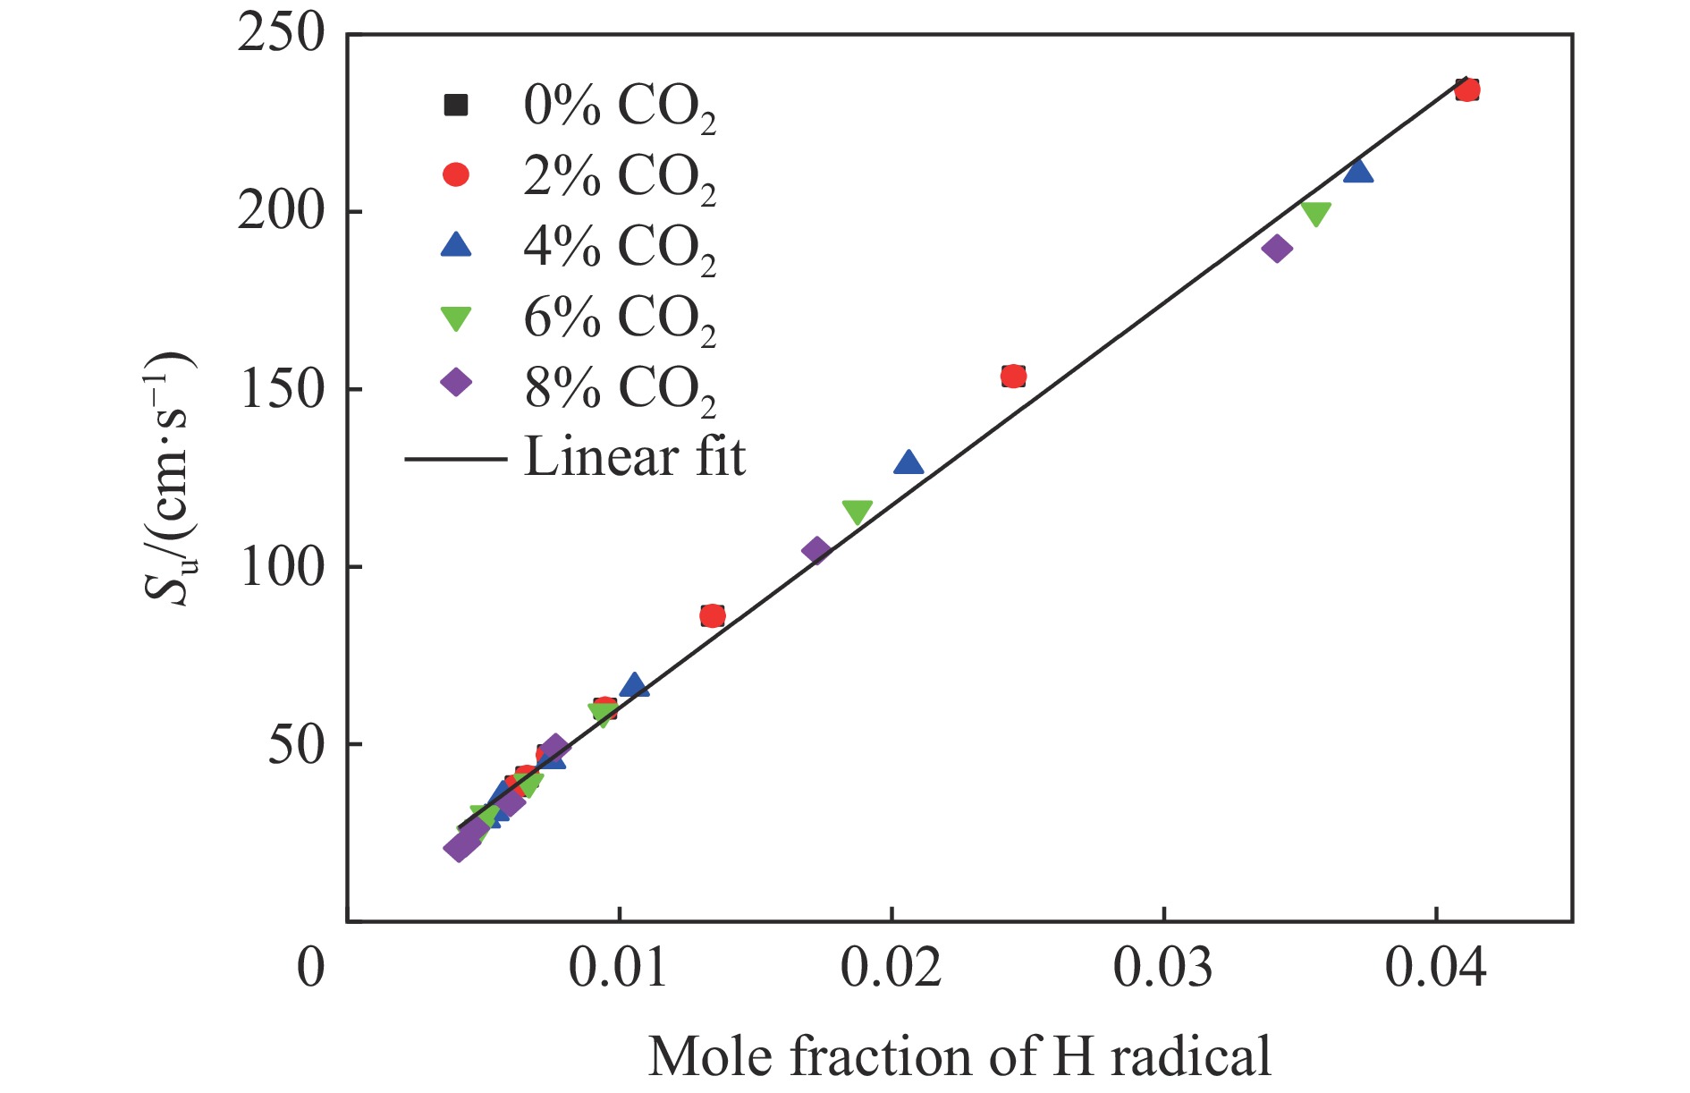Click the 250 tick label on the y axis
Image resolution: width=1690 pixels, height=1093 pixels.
(x=279, y=36)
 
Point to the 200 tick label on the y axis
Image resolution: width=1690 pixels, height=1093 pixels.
(x=279, y=212)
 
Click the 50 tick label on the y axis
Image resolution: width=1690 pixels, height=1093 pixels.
(x=296, y=744)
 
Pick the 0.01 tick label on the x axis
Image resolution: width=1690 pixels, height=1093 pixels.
(x=618, y=969)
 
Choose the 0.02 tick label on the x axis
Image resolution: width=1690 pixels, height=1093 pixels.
(x=891, y=969)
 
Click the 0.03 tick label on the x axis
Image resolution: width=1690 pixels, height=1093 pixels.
(x=1163, y=969)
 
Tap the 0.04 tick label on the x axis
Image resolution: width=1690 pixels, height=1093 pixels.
(x=1435, y=969)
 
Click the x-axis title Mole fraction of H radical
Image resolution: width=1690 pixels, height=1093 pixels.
(x=959, y=1056)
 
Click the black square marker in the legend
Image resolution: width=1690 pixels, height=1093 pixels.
(x=456, y=106)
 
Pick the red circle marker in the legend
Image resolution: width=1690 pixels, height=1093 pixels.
(x=456, y=174)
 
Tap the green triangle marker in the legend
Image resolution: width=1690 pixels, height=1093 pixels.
(x=456, y=318)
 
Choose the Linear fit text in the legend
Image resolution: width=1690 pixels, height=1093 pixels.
(x=634, y=457)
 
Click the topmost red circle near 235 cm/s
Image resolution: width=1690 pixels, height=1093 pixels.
(x=1467, y=89)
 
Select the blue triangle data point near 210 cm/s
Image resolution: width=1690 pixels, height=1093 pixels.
(x=1358, y=171)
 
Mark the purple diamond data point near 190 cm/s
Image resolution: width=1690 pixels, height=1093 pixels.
(x=1277, y=249)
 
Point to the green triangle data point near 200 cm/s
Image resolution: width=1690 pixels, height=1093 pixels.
(x=1315, y=214)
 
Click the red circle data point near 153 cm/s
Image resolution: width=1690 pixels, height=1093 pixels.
(x=1013, y=377)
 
